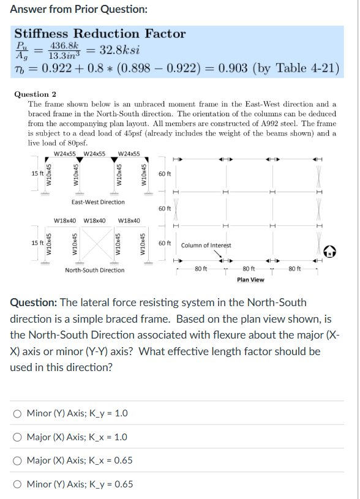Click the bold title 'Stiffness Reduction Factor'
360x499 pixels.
100,34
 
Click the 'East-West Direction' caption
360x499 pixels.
97,202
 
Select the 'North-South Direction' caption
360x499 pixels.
96,270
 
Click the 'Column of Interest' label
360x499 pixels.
206,245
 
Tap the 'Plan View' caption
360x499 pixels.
250,280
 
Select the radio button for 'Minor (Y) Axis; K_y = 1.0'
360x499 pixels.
17,413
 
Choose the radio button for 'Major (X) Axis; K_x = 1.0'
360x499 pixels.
17,437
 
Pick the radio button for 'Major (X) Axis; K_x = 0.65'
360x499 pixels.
17,460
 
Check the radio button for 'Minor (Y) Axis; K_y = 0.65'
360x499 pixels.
17,484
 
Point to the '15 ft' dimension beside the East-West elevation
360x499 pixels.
37,174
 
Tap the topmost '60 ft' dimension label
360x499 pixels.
165,174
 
